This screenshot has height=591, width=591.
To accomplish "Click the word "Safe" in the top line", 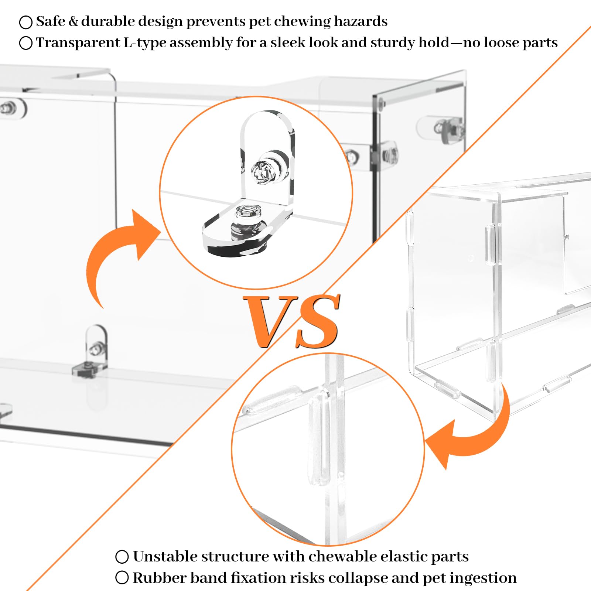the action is point(51,21).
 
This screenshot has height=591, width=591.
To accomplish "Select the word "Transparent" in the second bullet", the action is point(78,43).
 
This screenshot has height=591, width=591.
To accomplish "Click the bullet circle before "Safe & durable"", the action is point(26,22).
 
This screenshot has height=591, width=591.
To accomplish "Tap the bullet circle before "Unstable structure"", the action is point(122,557).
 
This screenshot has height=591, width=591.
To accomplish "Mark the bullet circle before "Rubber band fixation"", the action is point(122,578).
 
